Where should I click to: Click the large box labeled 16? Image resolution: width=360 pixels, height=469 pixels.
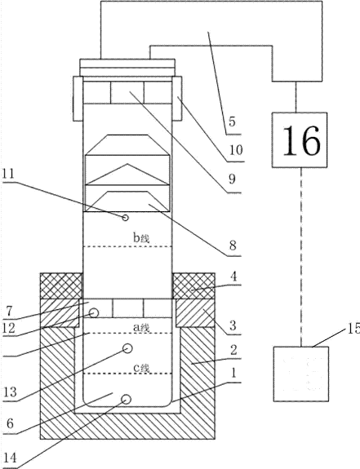click(300, 140)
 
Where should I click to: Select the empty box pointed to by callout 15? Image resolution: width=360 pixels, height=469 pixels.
click(301, 374)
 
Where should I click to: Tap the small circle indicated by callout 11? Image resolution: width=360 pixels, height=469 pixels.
click(126, 218)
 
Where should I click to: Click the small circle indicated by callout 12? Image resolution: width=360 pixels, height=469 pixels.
click(94, 313)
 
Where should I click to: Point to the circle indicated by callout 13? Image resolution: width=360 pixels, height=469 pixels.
click(128, 348)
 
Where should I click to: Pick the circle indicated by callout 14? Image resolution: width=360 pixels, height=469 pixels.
click(126, 399)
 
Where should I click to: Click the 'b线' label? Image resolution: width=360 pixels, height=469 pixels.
click(141, 238)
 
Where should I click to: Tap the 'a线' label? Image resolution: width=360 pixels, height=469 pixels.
click(141, 328)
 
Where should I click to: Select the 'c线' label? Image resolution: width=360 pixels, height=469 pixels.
click(141, 368)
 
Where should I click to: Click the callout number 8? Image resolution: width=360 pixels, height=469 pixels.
click(233, 245)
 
